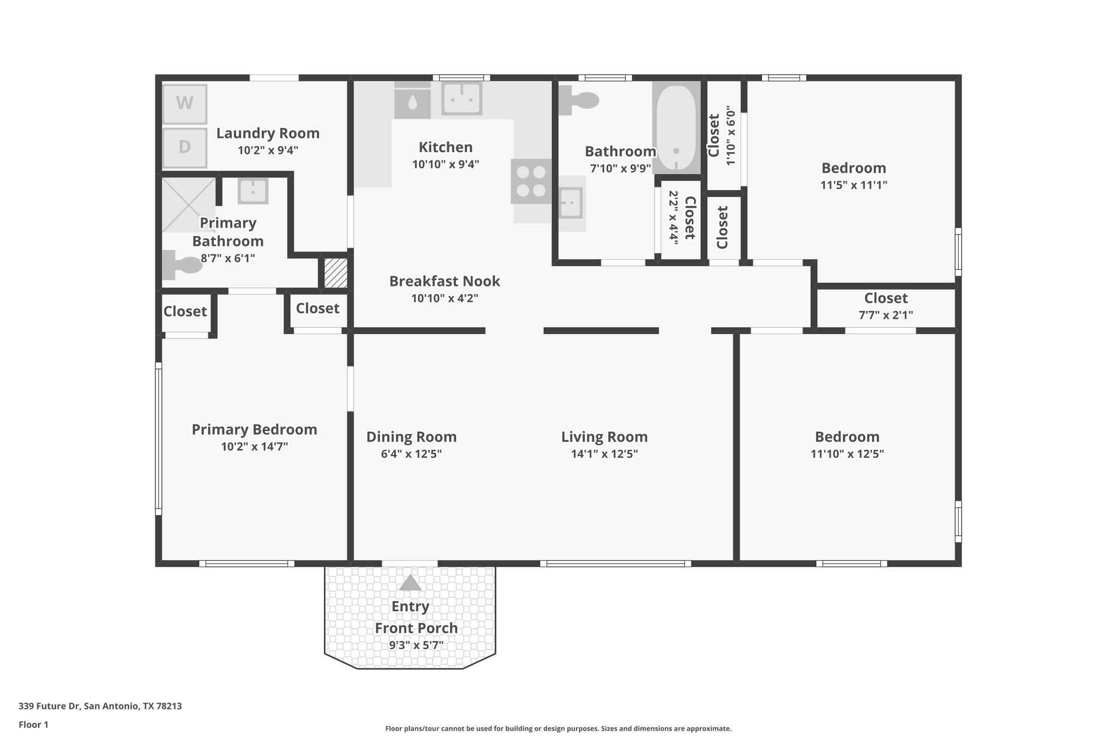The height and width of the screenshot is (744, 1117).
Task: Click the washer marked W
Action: click(185, 104)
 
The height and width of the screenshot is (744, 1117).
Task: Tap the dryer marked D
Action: click(185, 147)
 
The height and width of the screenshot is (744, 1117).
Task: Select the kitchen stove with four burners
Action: click(531, 182)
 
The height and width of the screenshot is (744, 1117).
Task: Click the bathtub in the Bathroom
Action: click(676, 128)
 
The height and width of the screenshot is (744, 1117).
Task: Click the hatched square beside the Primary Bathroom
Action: click(335, 273)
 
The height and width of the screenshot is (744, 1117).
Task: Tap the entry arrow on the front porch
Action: click(410, 583)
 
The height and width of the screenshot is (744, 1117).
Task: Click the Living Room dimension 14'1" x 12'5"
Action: click(604, 454)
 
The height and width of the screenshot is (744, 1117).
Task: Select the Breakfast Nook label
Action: click(445, 281)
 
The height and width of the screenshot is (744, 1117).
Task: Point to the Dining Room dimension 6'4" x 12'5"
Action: click(411, 454)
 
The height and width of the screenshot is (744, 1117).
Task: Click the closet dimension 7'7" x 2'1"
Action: click(886, 315)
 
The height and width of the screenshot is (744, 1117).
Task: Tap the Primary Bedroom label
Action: click(254, 430)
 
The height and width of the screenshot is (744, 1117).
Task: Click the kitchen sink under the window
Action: click(462, 98)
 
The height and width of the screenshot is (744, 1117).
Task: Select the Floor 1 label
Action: click(34, 724)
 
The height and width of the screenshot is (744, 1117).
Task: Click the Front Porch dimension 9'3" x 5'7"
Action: click(416, 645)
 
